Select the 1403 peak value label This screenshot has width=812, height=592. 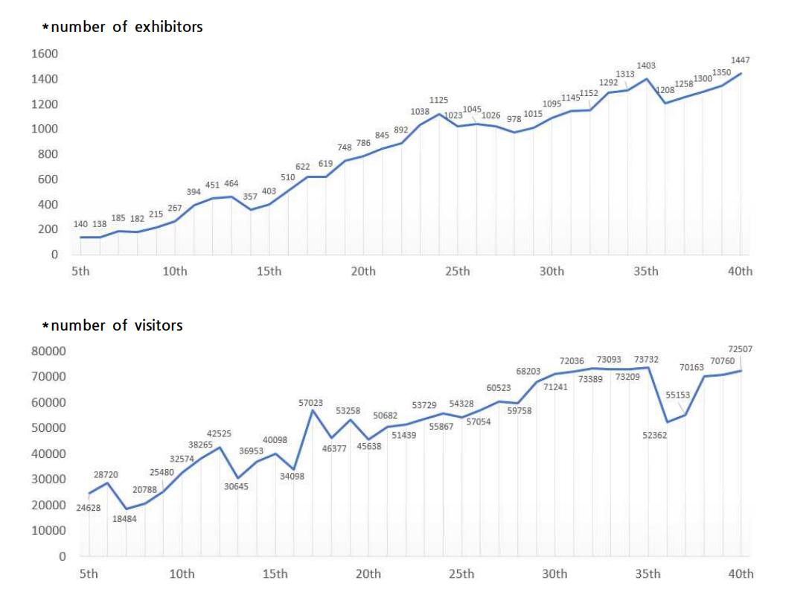tap(645, 66)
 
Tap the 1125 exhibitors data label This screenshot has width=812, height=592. tap(438, 100)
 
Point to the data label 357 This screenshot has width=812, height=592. tap(250, 197)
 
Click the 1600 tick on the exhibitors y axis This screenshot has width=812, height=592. tap(44, 54)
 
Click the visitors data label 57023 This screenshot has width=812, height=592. tap(310, 403)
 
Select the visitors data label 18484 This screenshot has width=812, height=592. tap(125, 519)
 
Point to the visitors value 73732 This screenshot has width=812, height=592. tap(645, 360)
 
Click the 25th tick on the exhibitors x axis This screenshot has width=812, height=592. tap(457, 271)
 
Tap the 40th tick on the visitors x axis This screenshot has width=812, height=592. tap(740, 573)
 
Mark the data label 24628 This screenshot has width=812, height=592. tap(89, 508)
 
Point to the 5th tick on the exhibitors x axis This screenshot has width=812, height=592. tap(80, 271)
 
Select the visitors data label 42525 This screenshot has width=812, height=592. tap(219, 433)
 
